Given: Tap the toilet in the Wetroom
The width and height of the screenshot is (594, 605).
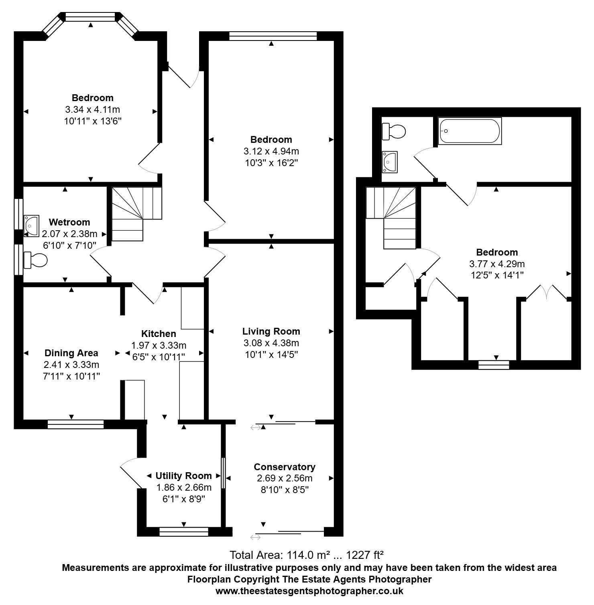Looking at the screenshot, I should coord(36,260).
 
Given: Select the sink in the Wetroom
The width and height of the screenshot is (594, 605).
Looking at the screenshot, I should coord(31,222).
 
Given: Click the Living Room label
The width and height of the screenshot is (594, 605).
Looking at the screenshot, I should coord(271,331).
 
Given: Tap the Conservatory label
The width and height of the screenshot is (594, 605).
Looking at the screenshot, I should coord(285,467).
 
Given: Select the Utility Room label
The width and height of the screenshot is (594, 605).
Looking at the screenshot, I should coord(183,476).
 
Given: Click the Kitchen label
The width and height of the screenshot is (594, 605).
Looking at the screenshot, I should coord(159,334).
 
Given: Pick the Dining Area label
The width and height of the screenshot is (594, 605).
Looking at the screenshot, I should coord(71,353).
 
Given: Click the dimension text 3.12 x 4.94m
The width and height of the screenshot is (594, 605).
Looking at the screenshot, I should coord(271,151).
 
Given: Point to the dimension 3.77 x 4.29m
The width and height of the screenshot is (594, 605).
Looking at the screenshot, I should coord(497,264).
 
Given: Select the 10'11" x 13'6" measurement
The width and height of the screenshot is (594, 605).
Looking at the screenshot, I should coord(92,121).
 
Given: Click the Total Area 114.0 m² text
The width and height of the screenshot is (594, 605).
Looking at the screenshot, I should coord(306,555).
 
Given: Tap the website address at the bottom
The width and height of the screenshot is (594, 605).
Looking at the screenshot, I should coord(309,591).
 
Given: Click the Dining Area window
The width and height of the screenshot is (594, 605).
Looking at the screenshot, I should coord(75,424).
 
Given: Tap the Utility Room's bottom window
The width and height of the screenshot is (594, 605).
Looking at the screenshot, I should coord(184,532).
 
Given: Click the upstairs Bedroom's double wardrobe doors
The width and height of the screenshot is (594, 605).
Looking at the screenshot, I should coord(547,292).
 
